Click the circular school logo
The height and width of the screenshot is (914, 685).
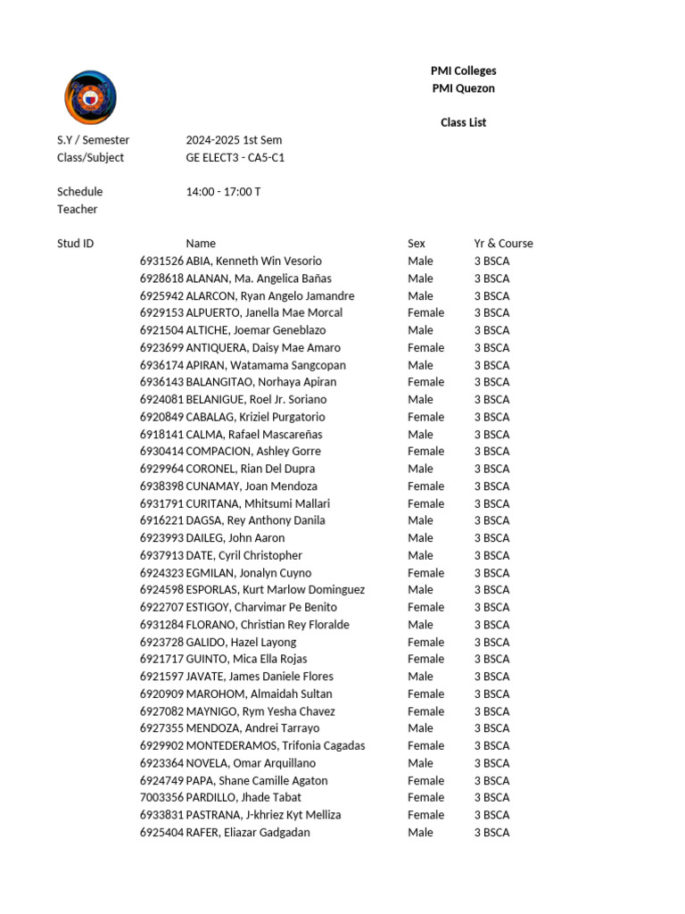pos(90,97)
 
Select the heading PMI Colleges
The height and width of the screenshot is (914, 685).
pos(463,71)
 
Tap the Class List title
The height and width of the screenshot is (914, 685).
pos(463,122)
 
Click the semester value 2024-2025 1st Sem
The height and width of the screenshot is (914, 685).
pos(234,140)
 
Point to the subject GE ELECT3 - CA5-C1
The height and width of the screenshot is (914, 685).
pos(235,157)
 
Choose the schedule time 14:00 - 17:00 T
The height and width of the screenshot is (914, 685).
pos(223,192)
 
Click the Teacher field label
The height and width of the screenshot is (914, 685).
pos(78,209)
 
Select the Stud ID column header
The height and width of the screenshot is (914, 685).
pos(76,244)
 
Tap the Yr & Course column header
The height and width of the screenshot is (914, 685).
pos(503,244)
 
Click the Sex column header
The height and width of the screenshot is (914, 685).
pos(417,244)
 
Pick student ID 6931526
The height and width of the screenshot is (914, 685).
pos(161,261)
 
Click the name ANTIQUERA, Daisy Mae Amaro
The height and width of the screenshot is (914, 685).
pos(263,347)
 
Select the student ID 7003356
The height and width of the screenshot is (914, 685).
pos(161,797)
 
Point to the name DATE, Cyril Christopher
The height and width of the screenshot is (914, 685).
pos(244,555)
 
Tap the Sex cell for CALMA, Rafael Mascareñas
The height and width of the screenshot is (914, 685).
pos(420,434)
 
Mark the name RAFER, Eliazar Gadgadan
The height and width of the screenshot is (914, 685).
pos(248,832)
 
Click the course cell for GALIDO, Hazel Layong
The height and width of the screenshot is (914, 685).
pos(491,642)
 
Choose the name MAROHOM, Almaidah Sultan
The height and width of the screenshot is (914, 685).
pos(259,694)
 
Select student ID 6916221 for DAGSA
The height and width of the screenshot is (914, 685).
pos(161,520)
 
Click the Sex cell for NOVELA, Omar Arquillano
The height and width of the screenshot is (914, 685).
pos(420,763)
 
